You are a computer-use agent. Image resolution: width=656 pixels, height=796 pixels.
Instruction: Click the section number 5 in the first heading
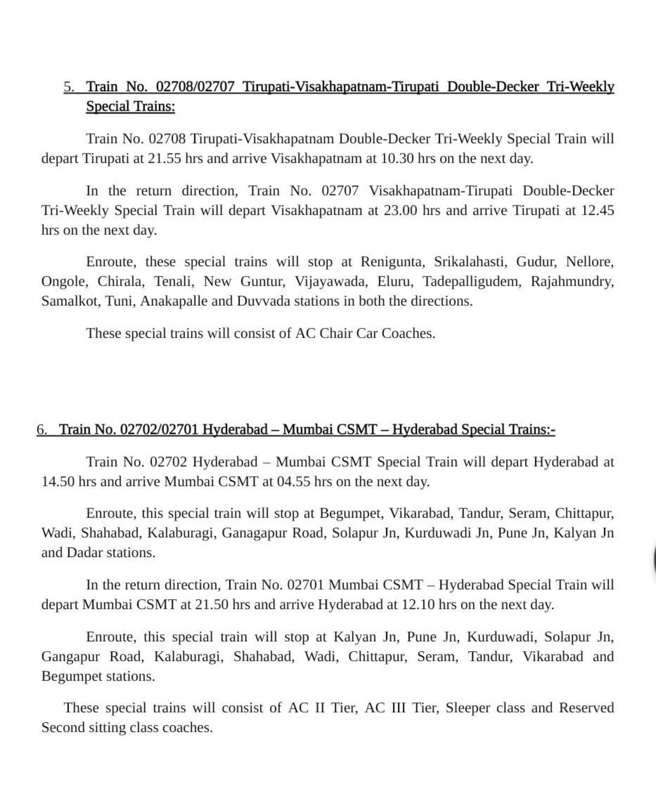(x=68, y=87)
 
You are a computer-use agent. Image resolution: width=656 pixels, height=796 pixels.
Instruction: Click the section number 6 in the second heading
(x=42, y=429)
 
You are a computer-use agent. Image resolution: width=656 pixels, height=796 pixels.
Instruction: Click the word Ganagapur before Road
(x=254, y=533)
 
